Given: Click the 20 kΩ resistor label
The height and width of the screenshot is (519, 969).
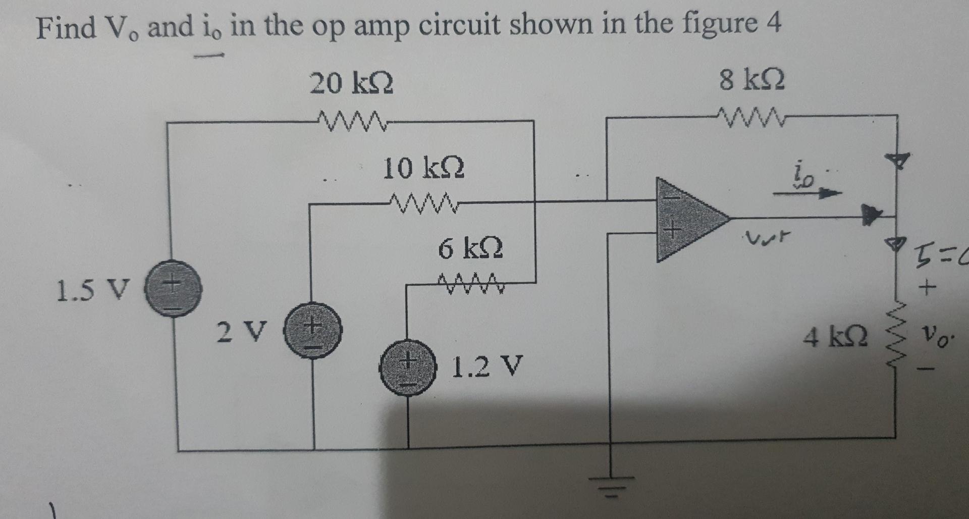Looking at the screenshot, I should [351, 84].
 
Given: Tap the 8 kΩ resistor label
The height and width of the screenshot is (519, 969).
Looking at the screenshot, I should [752, 81].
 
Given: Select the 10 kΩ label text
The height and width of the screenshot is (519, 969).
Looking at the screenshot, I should [423, 168].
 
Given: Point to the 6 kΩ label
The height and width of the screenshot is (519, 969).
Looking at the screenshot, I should [470, 249].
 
